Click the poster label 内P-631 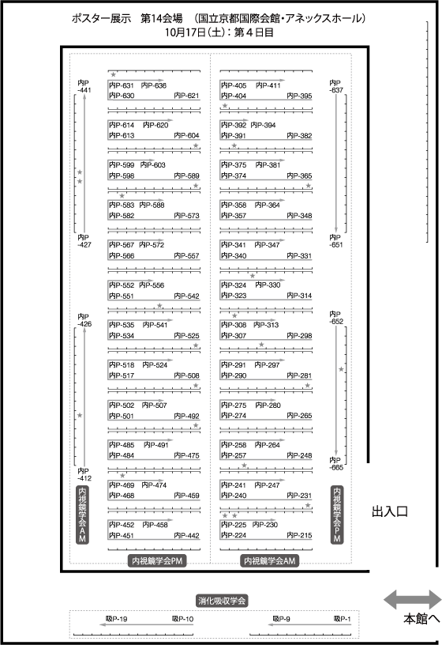(122, 85)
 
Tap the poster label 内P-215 (299, 535)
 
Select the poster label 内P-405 (234, 85)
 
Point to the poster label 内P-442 (186, 535)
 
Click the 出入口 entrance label (389, 511)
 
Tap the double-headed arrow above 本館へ (413, 600)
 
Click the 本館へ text (421, 619)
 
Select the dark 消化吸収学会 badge (222, 601)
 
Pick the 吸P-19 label (116, 619)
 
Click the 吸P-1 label (343, 619)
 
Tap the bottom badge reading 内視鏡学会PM (157, 560)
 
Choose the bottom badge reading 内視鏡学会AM (269, 560)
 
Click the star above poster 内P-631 (114, 75)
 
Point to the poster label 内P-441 (84, 86)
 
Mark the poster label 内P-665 (336, 463)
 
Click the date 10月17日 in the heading (185, 32)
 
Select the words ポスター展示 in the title (101, 18)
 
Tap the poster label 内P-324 (234, 285)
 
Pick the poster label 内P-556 (152, 285)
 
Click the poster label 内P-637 (336, 86)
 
